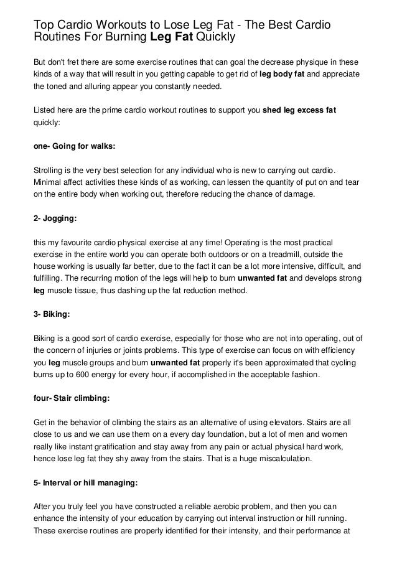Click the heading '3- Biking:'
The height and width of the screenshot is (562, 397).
click(x=51, y=315)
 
